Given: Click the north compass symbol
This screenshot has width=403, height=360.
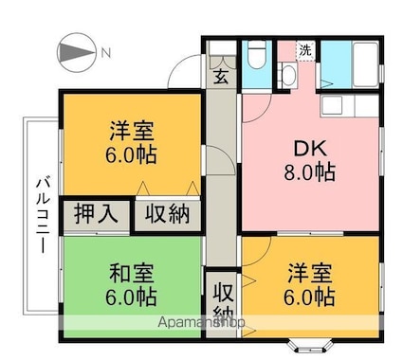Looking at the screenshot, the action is [x=76, y=52].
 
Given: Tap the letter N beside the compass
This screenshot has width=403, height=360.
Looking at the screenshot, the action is [x=106, y=52].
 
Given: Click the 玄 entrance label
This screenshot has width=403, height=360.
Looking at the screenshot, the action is [x=221, y=77].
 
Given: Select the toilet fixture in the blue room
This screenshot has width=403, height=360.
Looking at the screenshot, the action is [x=256, y=54].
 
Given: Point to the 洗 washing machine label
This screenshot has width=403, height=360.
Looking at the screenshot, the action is [x=305, y=50].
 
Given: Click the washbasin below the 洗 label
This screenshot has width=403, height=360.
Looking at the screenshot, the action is [x=287, y=75].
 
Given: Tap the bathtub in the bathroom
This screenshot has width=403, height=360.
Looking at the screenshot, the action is [x=365, y=64].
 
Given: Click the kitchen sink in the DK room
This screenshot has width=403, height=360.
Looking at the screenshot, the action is [x=332, y=105].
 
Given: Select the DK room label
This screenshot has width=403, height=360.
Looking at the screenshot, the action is [x=310, y=148].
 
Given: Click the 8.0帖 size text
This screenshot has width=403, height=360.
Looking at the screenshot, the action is [x=309, y=172].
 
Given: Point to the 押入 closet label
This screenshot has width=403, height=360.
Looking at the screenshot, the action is [x=97, y=214].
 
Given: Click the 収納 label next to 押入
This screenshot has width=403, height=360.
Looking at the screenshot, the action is [x=168, y=214].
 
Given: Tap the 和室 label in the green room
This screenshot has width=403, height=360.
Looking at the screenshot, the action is [x=132, y=274].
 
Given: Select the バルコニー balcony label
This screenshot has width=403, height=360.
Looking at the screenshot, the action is [x=43, y=216].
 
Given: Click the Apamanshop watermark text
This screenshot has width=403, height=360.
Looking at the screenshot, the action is [x=201, y=322].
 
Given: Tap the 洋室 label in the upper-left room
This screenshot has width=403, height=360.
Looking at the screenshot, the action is [x=132, y=131].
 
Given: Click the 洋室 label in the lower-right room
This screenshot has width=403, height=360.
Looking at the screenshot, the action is [x=310, y=274].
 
